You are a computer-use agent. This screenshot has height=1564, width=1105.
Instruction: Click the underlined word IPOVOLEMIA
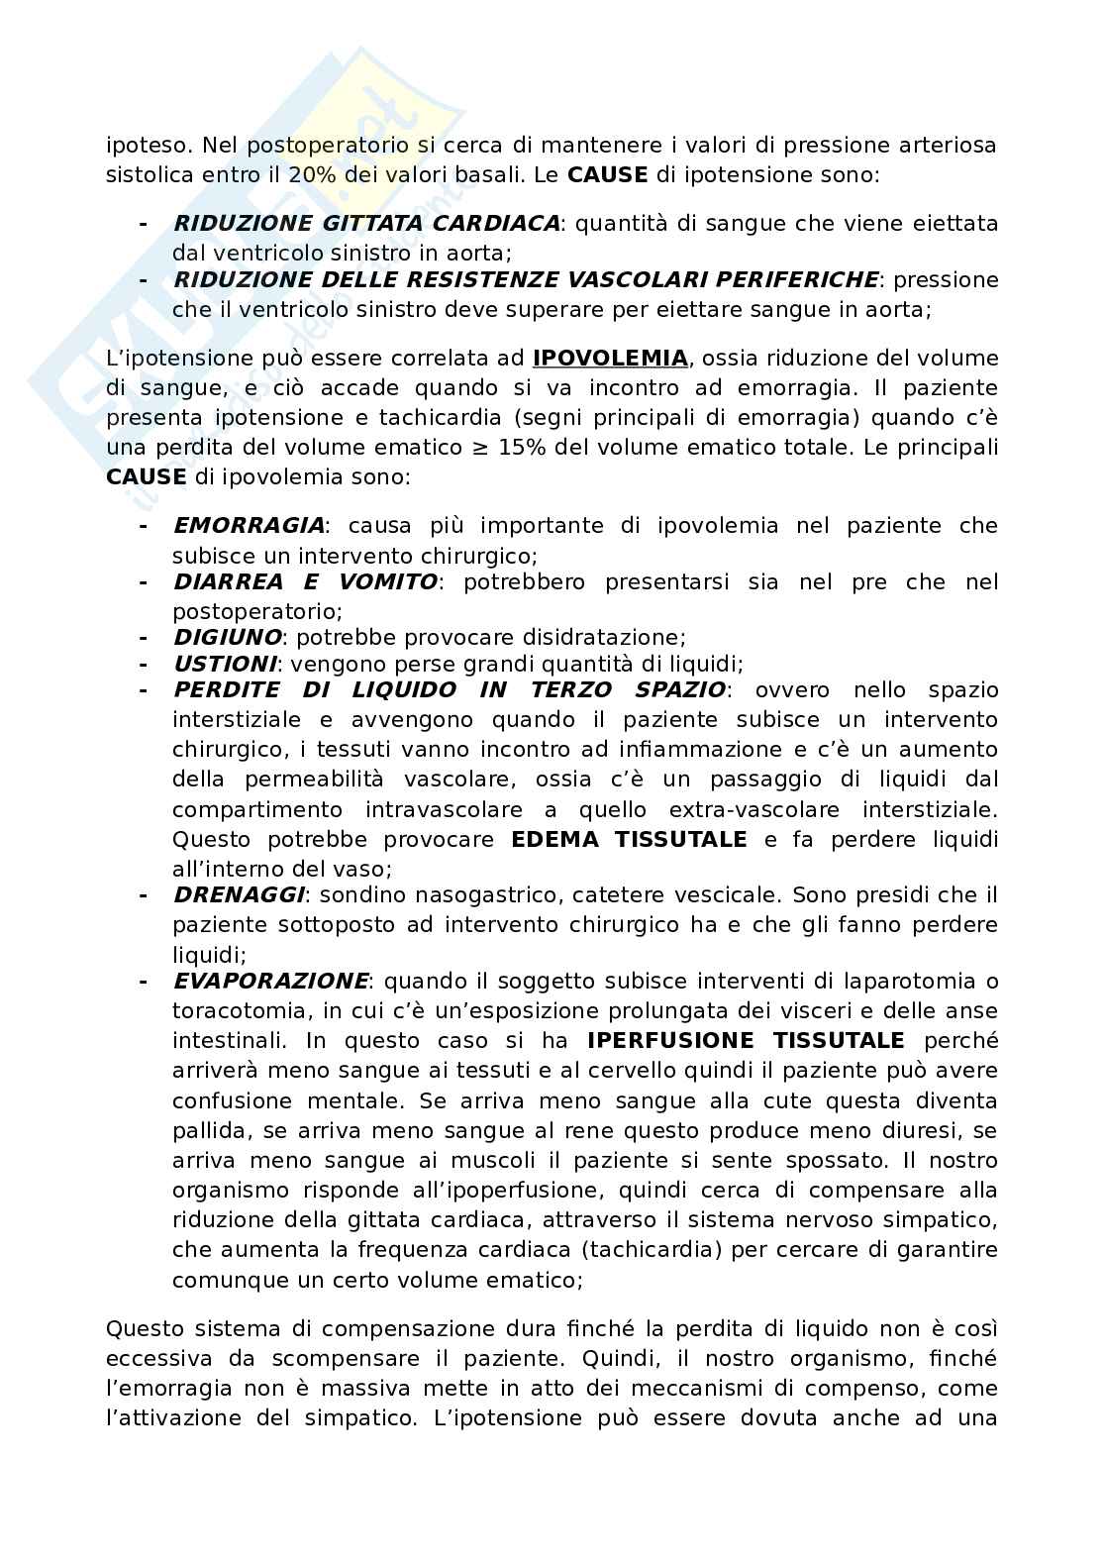[610, 358]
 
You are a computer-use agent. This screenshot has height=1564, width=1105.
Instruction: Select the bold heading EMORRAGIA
[249, 525]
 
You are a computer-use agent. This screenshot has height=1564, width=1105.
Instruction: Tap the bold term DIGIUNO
[228, 637]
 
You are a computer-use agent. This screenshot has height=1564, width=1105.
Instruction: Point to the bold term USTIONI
[225, 664]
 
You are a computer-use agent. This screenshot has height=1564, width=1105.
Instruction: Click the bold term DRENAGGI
[239, 894]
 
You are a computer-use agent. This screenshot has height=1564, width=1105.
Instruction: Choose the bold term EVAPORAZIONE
[270, 981]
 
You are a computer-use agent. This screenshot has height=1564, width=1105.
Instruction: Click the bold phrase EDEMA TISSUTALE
[629, 839]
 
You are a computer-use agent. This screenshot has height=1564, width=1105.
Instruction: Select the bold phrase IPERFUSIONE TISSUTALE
[746, 1040]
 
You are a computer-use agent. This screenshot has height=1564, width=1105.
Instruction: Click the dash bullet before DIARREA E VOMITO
[145, 581]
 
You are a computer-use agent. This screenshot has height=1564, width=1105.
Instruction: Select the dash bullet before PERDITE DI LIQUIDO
[145, 689]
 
